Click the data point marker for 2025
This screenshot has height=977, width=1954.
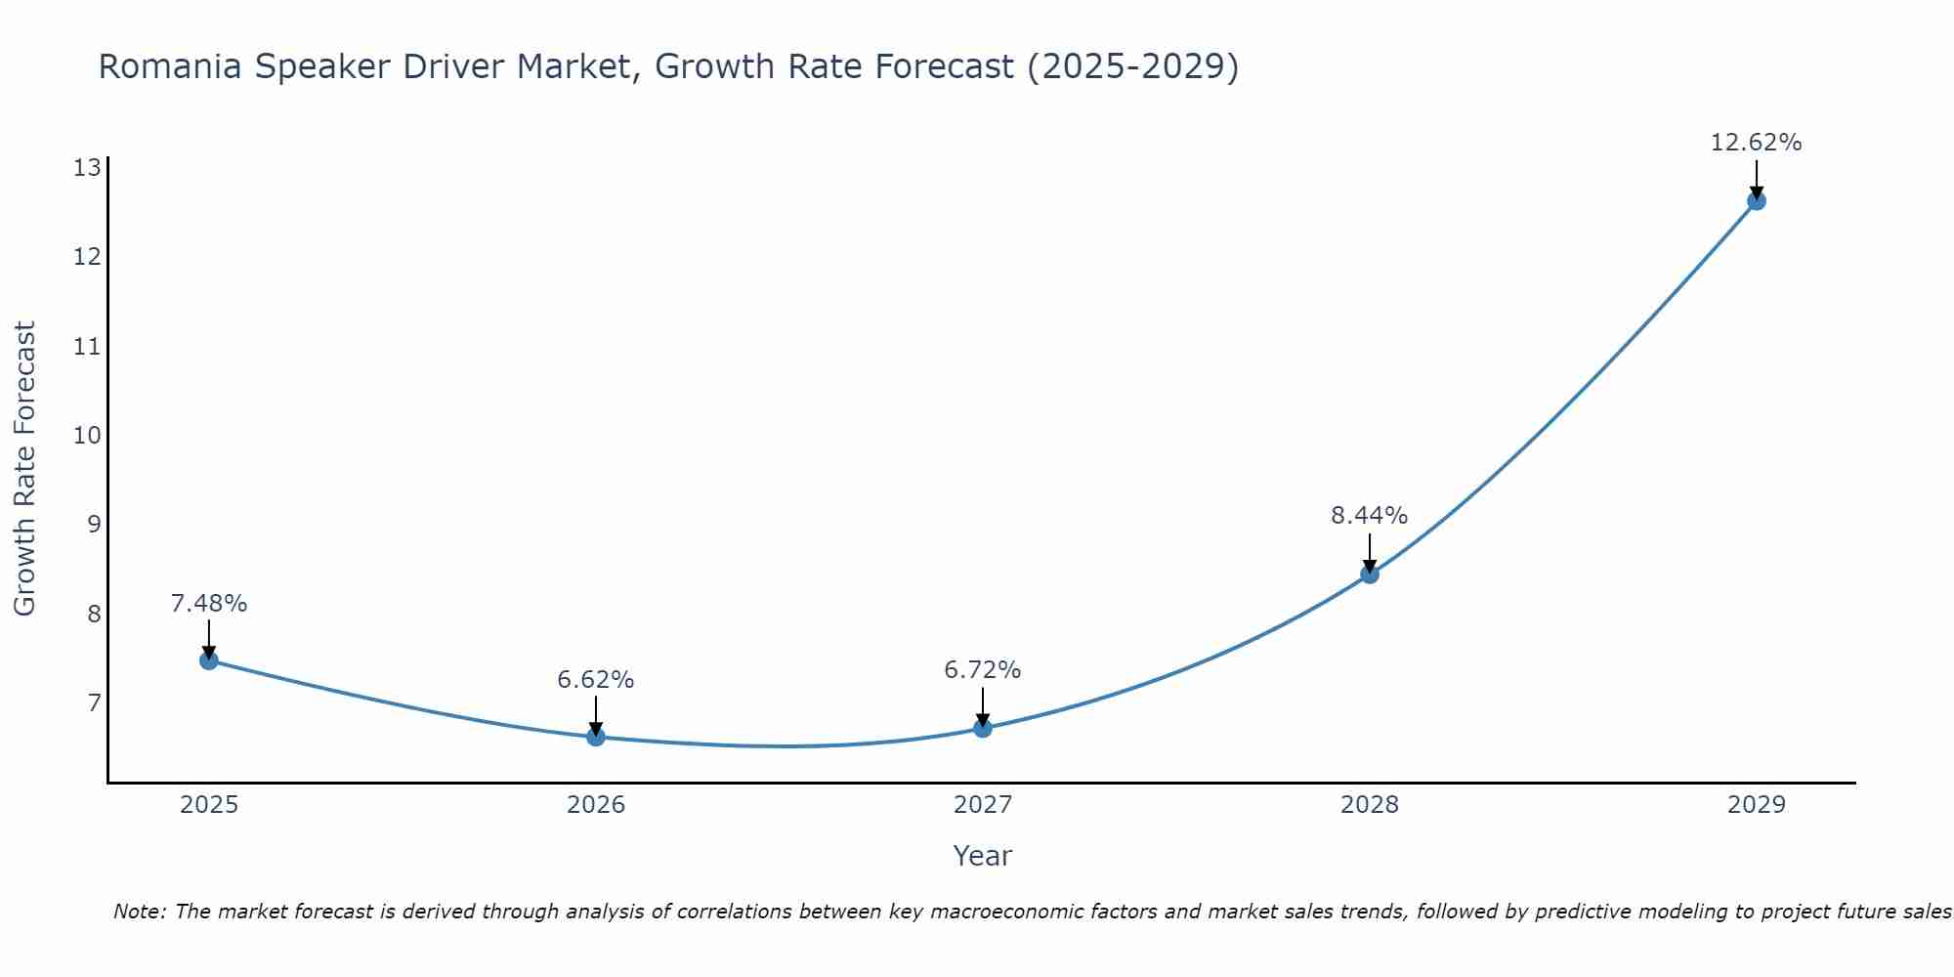coord(209,660)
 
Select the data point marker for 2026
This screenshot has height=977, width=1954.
coord(596,737)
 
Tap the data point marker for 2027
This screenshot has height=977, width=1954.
coord(983,728)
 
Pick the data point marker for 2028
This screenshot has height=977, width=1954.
coord(1370,573)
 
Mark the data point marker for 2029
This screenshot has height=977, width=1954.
coord(1757,201)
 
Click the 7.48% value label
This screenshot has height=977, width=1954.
coord(209,604)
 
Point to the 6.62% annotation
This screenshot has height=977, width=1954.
coord(596,680)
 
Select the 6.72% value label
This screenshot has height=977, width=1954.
coord(983,670)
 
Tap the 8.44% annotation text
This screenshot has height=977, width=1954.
coord(1370,516)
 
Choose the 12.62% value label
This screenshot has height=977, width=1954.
coord(1757,143)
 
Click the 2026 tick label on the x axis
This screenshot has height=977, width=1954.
coord(596,805)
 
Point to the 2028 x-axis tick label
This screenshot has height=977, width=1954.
coord(1370,805)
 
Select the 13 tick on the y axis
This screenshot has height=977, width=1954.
coord(87,168)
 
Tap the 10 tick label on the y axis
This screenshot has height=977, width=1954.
coord(87,435)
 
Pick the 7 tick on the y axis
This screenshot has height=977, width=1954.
coord(93,702)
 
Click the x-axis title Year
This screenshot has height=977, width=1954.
coord(983,856)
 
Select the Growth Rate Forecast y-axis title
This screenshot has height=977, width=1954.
coord(25,469)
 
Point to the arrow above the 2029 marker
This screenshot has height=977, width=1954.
coord(1757,179)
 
